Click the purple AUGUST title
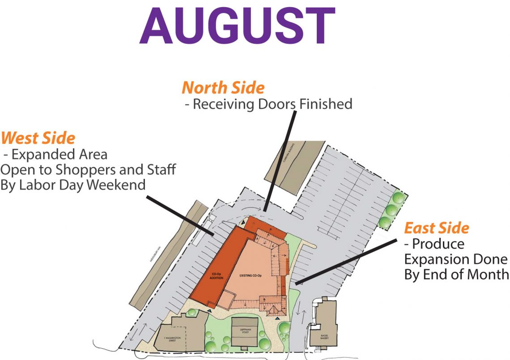point(238,25)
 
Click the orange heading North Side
point(223,88)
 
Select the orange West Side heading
point(38,138)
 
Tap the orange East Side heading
point(436,228)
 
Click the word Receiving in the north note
point(220,104)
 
